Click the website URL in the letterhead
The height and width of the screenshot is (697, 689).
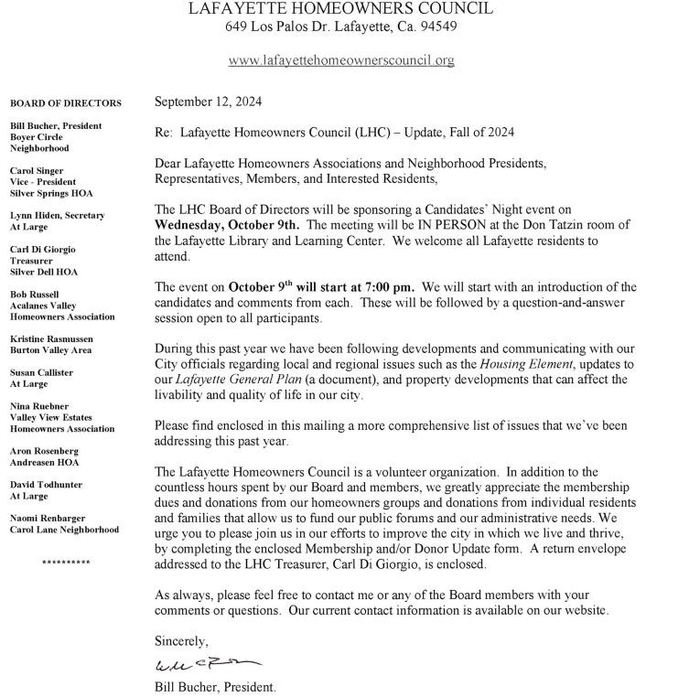(x=340, y=60)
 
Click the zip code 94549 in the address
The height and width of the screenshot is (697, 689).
(x=437, y=27)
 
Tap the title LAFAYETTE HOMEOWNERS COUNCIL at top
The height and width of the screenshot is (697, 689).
(x=340, y=8)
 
